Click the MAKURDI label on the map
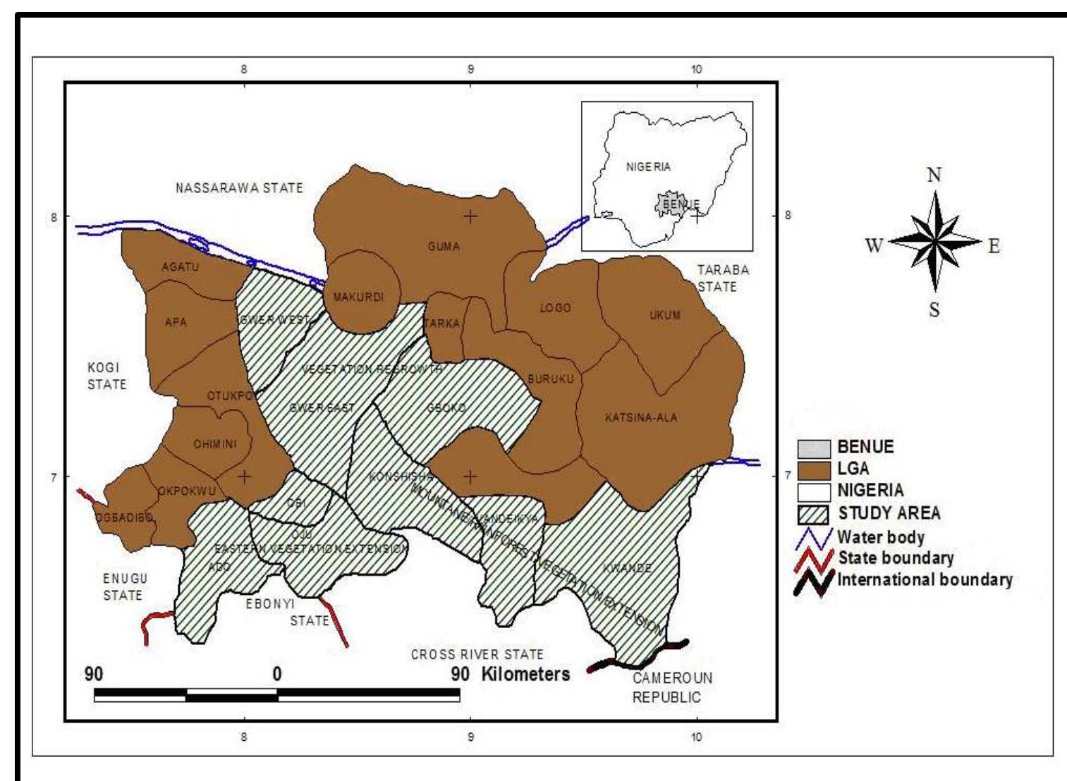[x=358, y=297]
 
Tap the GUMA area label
[x=443, y=247]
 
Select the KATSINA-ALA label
[x=640, y=418]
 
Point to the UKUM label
[x=664, y=315]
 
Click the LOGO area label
[x=555, y=308]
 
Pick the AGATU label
[x=180, y=267]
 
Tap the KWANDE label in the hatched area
[x=627, y=568]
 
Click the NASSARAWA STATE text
[x=239, y=188]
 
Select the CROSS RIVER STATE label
[x=477, y=655]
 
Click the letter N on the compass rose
[x=934, y=176]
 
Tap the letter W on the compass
[x=874, y=246]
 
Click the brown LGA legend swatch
[x=813, y=469]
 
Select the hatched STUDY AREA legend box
[x=813, y=513]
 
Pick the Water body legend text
[x=880, y=537]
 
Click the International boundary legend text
[x=925, y=580]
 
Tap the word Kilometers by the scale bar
[x=525, y=674]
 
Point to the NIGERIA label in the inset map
[x=648, y=167]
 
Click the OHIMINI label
[x=214, y=444]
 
